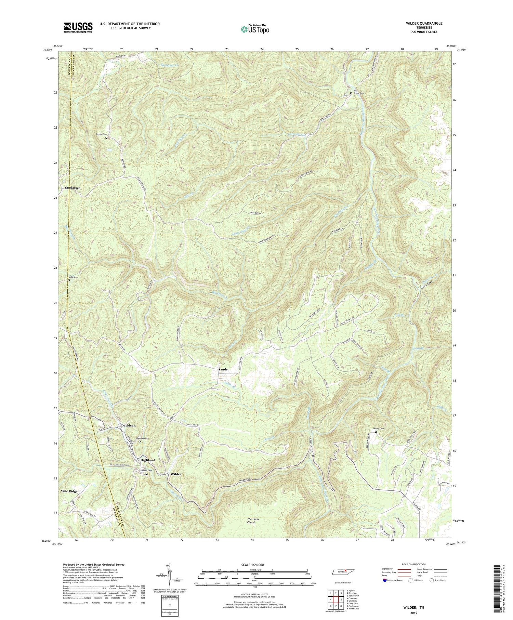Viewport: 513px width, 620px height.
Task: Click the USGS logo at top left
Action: (x=78, y=27)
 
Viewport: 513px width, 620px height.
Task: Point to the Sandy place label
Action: (x=223, y=369)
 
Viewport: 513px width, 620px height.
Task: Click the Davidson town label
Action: (x=128, y=426)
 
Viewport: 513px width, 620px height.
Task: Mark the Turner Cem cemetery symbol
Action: (x=106, y=138)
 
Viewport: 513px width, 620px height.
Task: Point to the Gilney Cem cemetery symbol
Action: (x=376, y=432)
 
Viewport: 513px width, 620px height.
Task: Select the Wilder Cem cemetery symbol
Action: (x=147, y=474)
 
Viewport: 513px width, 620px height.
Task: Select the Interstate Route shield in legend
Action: (x=385, y=580)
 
